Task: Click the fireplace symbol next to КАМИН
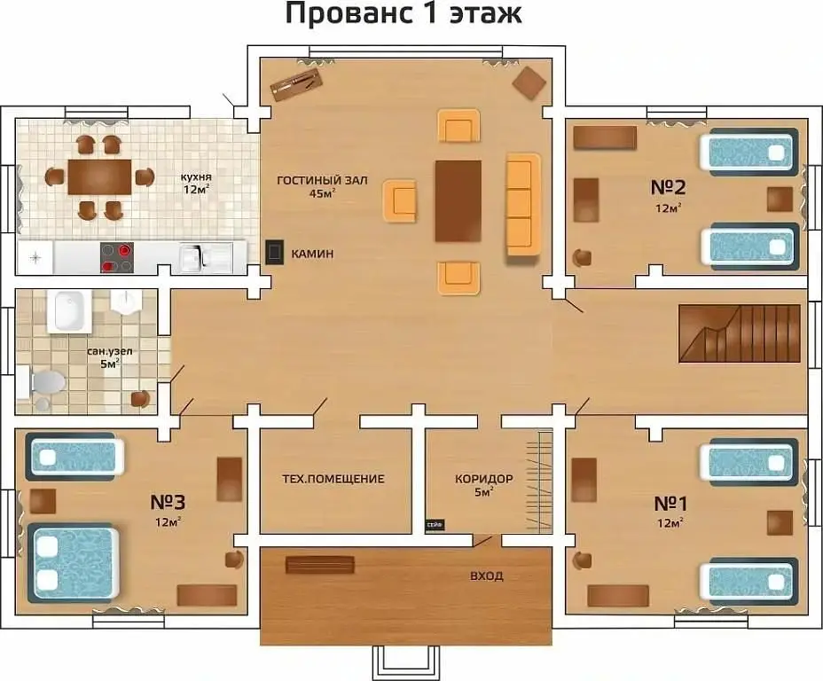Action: [x=275, y=252]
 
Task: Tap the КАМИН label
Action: [x=312, y=254]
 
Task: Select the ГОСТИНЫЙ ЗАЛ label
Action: [x=322, y=181]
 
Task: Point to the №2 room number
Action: [x=668, y=187]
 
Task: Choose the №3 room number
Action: [x=168, y=502]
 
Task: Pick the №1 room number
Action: [x=670, y=504]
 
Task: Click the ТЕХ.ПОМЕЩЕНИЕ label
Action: [x=333, y=479]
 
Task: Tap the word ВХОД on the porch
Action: [x=487, y=576]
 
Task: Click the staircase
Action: [x=740, y=333]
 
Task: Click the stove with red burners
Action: [x=116, y=257]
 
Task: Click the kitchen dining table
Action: [x=99, y=176]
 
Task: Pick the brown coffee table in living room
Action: [x=459, y=201]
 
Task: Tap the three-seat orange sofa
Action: [x=523, y=204]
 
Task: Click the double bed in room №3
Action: [x=73, y=562]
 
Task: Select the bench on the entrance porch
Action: [x=319, y=565]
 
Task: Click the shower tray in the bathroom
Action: [x=69, y=311]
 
